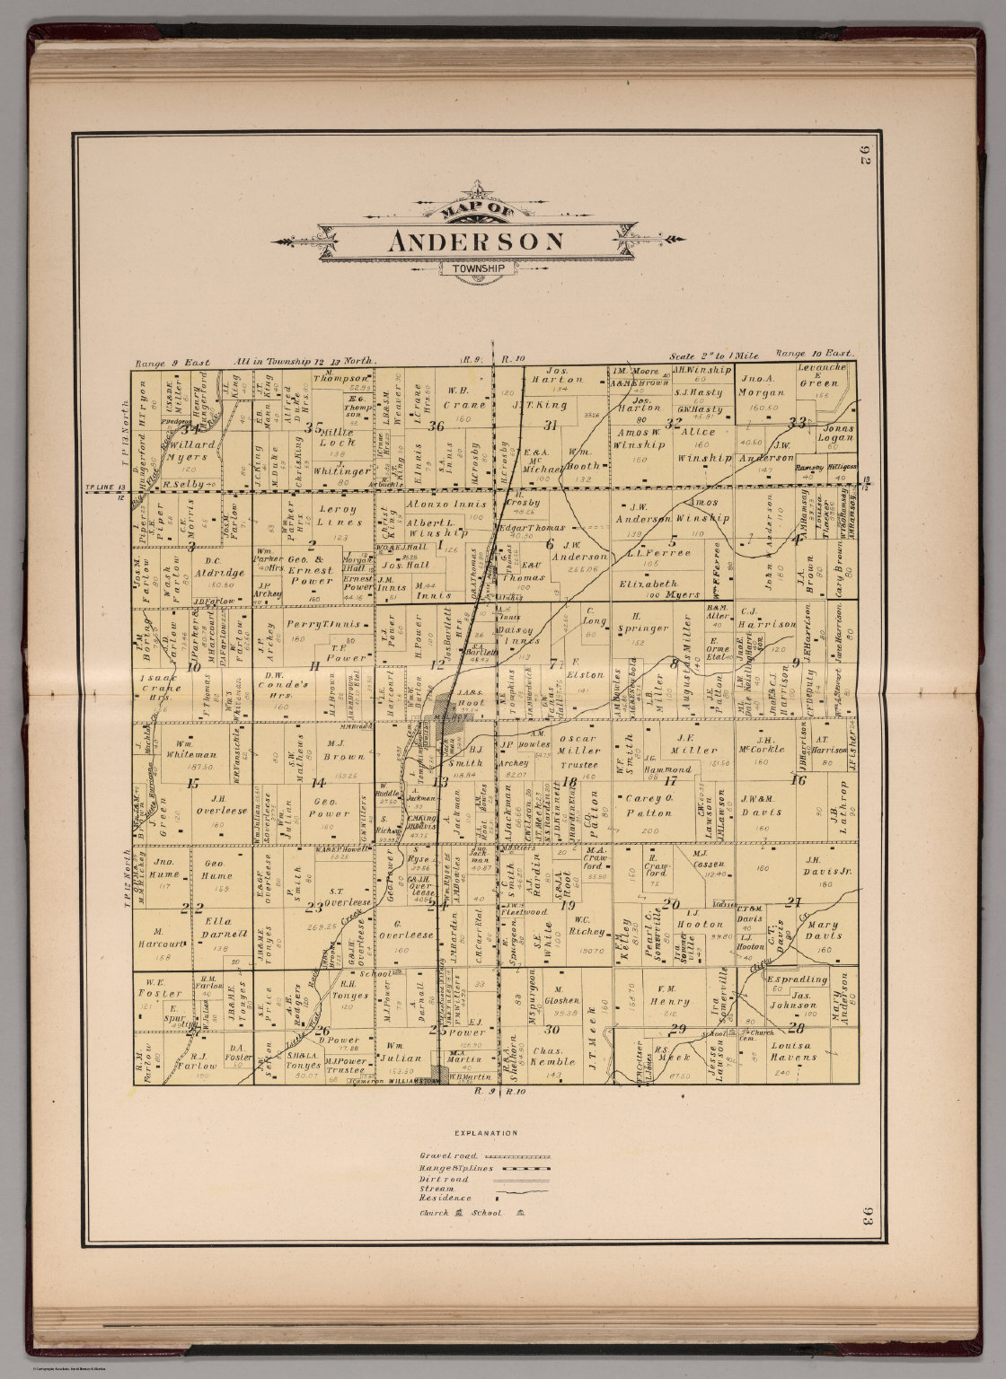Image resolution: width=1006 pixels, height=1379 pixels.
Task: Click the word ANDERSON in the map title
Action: [x=477, y=242]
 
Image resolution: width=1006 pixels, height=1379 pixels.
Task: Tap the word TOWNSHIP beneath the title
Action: [x=478, y=268]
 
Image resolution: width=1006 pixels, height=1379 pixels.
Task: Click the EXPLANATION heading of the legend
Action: [x=486, y=1133]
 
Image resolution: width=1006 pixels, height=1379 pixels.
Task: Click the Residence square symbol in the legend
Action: [x=496, y=1198]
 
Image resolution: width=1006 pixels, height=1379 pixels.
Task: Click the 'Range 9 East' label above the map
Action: [x=172, y=363]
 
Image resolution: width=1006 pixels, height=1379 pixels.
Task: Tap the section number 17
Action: [x=669, y=780]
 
